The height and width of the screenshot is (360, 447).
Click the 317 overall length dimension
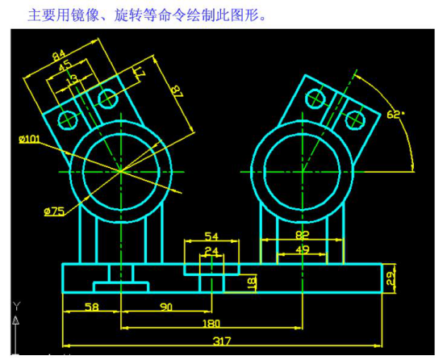pyautogui.click(x=222, y=341)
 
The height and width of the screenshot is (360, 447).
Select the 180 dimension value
pyautogui.click(x=211, y=324)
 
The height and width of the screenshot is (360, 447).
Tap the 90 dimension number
pyautogui.click(x=166, y=308)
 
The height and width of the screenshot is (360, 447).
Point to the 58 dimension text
pyautogui.click(x=92, y=308)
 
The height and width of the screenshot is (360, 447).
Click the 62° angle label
pyautogui.click(x=395, y=115)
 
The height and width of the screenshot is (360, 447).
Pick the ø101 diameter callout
pyautogui.click(x=29, y=139)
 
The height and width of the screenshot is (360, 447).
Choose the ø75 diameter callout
pyautogui.click(x=54, y=211)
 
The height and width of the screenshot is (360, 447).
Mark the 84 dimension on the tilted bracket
pyautogui.click(x=59, y=55)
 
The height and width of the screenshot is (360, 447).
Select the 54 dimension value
pyautogui.click(x=211, y=237)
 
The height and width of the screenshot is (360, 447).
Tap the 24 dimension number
pyautogui.click(x=211, y=251)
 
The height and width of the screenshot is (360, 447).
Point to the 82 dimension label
pyautogui.click(x=303, y=235)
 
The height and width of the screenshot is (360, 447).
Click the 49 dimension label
pyautogui.click(x=303, y=249)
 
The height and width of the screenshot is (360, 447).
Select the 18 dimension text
pyautogui.click(x=252, y=283)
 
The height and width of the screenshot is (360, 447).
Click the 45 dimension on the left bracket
pyautogui.click(x=65, y=65)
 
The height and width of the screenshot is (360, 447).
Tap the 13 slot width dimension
pyautogui.click(x=72, y=79)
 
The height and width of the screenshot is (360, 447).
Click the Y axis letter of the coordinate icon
pyautogui.click(x=17, y=306)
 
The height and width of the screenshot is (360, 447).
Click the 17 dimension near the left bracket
pyautogui.click(x=140, y=73)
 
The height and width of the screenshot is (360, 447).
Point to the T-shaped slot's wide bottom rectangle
pyautogui.click(x=121, y=287)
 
